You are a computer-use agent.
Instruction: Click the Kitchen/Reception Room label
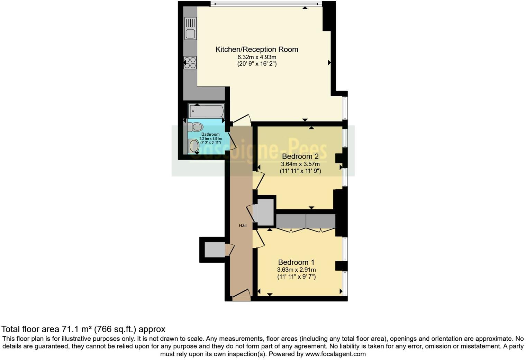point(257,49)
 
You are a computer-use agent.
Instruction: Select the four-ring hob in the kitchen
point(190,63)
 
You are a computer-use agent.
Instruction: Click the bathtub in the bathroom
point(207,111)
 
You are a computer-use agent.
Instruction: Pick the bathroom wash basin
point(194,146)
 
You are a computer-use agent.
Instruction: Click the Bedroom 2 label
point(300,156)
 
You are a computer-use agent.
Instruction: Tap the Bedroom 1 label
point(296,262)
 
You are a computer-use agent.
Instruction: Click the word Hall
point(243,226)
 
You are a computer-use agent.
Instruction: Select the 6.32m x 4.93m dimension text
point(257,57)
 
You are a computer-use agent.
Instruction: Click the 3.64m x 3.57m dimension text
point(300,164)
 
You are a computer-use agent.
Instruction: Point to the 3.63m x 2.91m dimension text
point(296,270)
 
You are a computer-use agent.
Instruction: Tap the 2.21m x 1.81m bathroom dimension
point(210,138)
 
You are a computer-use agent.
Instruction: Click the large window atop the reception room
point(266,4)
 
